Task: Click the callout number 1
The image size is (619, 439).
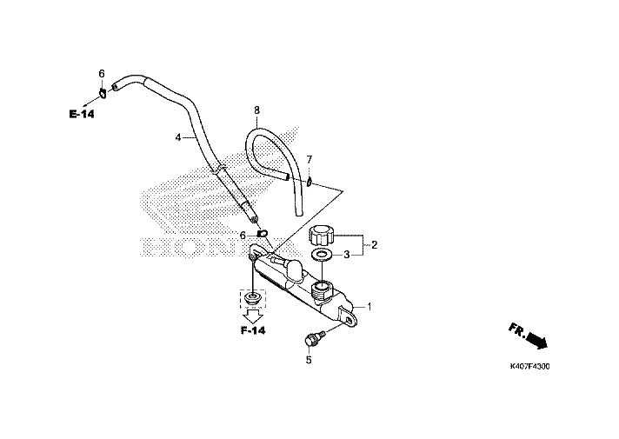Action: (x=369, y=306)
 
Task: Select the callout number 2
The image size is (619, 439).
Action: (x=374, y=245)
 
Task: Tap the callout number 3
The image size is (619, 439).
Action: (x=346, y=255)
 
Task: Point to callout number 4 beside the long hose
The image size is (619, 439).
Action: (x=178, y=137)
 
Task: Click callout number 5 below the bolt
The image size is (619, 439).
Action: (x=309, y=360)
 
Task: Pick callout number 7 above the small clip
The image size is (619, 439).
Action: (x=309, y=159)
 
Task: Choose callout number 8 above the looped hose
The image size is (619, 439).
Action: (x=257, y=110)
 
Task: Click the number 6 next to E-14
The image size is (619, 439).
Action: (x=102, y=73)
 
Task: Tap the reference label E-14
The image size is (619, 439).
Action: (x=82, y=114)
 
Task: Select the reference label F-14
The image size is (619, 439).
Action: (x=253, y=330)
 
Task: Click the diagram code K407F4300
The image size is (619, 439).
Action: (x=529, y=366)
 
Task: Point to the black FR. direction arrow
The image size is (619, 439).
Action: (x=537, y=340)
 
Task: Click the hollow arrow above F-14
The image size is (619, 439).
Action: (x=253, y=316)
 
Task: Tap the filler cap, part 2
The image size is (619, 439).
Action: (x=321, y=235)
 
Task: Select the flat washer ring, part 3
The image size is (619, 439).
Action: (x=322, y=255)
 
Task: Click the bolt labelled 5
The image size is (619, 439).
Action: (x=314, y=339)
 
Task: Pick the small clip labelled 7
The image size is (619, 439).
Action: (x=309, y=182)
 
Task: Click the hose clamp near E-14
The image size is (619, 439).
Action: (x=103, y=94)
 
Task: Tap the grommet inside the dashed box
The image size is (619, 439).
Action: (x=252, y=298)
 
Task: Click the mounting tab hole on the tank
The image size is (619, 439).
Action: (x=349, y=321)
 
